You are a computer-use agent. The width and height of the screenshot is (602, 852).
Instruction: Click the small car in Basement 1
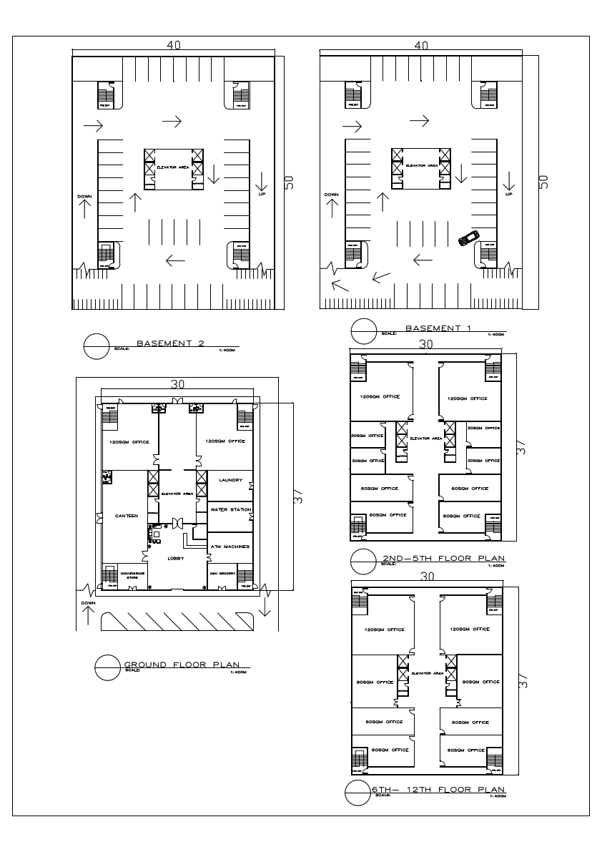coord(469,238)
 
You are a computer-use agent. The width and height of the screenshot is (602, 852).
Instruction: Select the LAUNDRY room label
coord(230,480)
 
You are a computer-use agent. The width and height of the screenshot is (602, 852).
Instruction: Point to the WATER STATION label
coord(230,510)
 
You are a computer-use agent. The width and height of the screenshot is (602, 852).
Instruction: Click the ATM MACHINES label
coord(230,547)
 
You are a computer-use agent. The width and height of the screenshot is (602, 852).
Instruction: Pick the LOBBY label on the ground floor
coord(177,558)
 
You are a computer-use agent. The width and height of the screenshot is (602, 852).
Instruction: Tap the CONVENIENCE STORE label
coord(132,575)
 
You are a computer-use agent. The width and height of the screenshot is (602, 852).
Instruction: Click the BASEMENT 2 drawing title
coord(170,343)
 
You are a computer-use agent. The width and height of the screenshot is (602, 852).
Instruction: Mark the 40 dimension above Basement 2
coord(174,44)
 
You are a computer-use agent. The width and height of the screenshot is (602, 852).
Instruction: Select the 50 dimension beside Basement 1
coord(543,182)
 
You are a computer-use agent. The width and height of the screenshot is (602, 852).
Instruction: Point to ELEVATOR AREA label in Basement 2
coord(173,166)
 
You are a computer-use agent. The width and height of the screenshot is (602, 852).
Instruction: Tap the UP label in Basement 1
coord(509,194)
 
